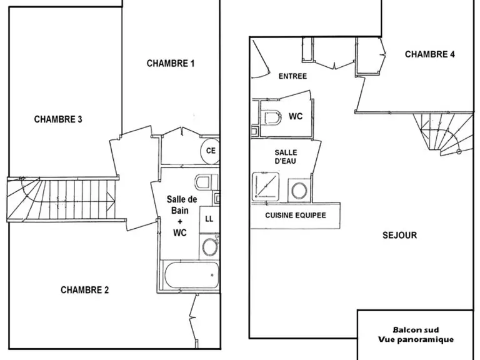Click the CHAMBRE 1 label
pos(171,63)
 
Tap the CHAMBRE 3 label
pos(58,119)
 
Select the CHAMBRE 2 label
pos(85,290)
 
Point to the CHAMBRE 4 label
pos(430,54)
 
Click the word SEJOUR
pos(400,235)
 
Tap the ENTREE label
pos(292,76)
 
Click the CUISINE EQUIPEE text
pos(296,215)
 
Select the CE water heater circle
pos(210,151)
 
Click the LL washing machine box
pos(209,219)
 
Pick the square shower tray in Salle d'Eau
pos(266,186)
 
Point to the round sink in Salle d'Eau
pos(299,191)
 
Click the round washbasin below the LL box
pos(209,247)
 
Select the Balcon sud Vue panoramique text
pos(416,334)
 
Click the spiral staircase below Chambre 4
pos(444,134)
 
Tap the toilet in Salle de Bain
pos(204,182)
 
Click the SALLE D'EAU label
pos(286,156)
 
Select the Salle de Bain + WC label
pos(181,216)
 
